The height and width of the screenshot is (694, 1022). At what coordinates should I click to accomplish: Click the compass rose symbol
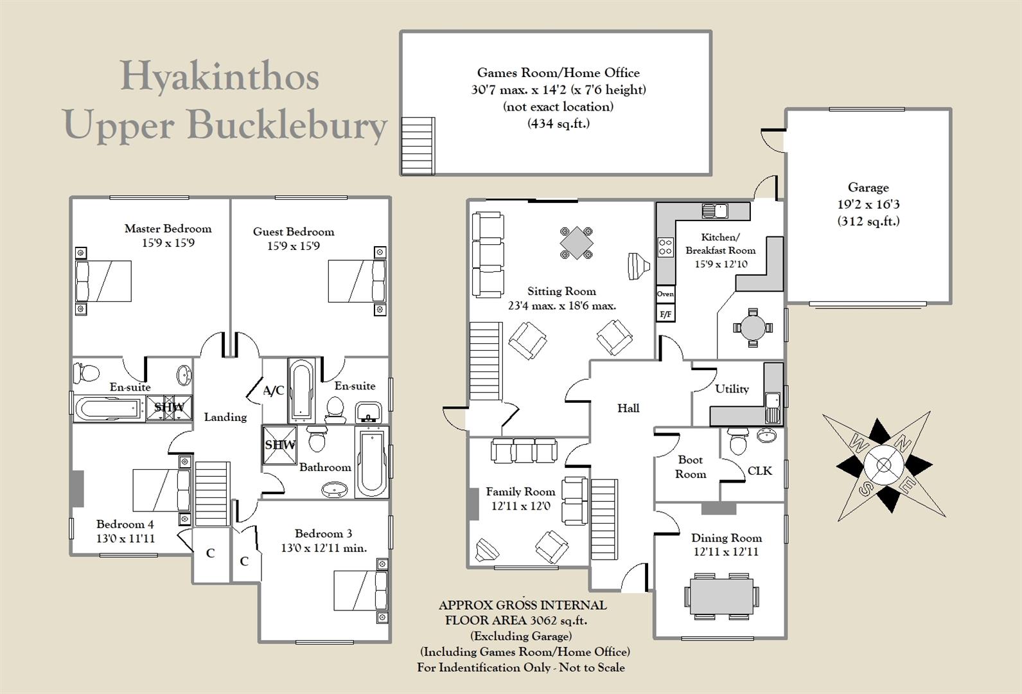[x=883, y=466]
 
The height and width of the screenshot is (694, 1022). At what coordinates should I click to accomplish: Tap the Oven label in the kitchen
[x=665, y=294]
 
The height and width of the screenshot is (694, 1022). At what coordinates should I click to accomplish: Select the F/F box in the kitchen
[x=665, y=314]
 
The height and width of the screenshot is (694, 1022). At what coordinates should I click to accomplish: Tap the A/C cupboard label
[x=274, y=390]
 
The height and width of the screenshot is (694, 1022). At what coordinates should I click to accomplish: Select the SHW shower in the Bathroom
[x=280, y=445]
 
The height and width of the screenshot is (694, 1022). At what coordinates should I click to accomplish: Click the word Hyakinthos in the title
[x=220, y=76]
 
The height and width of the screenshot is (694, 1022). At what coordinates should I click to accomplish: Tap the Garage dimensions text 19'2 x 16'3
[x=868, y=204]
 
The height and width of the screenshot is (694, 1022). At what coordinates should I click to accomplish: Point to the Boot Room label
[x=690, y=467]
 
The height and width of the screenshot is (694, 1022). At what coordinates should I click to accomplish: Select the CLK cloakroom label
[x=759, y=471]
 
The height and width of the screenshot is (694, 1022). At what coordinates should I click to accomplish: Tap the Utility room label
[x=732, y=389]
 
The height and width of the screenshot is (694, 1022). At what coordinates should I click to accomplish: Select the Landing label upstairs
[x=225, y=417]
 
